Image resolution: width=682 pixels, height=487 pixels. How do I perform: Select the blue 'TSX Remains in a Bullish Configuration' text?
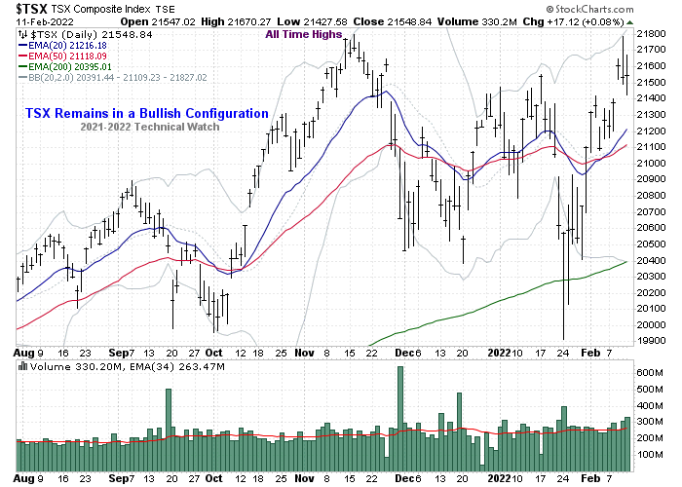(x=148, y=113)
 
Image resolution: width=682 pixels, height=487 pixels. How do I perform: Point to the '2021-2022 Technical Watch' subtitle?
(x=147, y=129)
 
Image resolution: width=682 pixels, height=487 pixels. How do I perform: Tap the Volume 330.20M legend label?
(x=61, y=366)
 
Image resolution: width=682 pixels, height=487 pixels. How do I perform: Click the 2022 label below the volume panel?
(x=498, y=478)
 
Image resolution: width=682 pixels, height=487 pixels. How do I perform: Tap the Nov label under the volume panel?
(x=303, y=478)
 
